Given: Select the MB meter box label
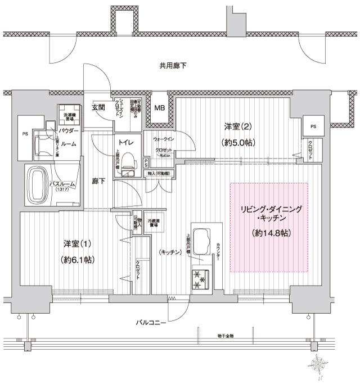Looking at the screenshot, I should (x=160, y=108).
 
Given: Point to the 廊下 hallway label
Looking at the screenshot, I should (x=99, y=182).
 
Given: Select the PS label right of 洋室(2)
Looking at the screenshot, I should (x=312, y=126).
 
